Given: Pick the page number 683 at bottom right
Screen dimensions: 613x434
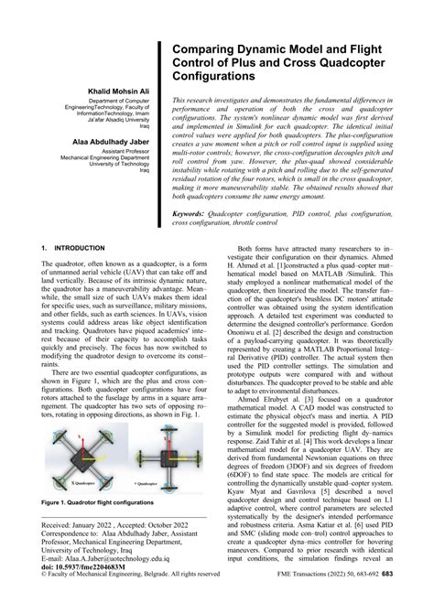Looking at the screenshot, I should coord(413,600).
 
